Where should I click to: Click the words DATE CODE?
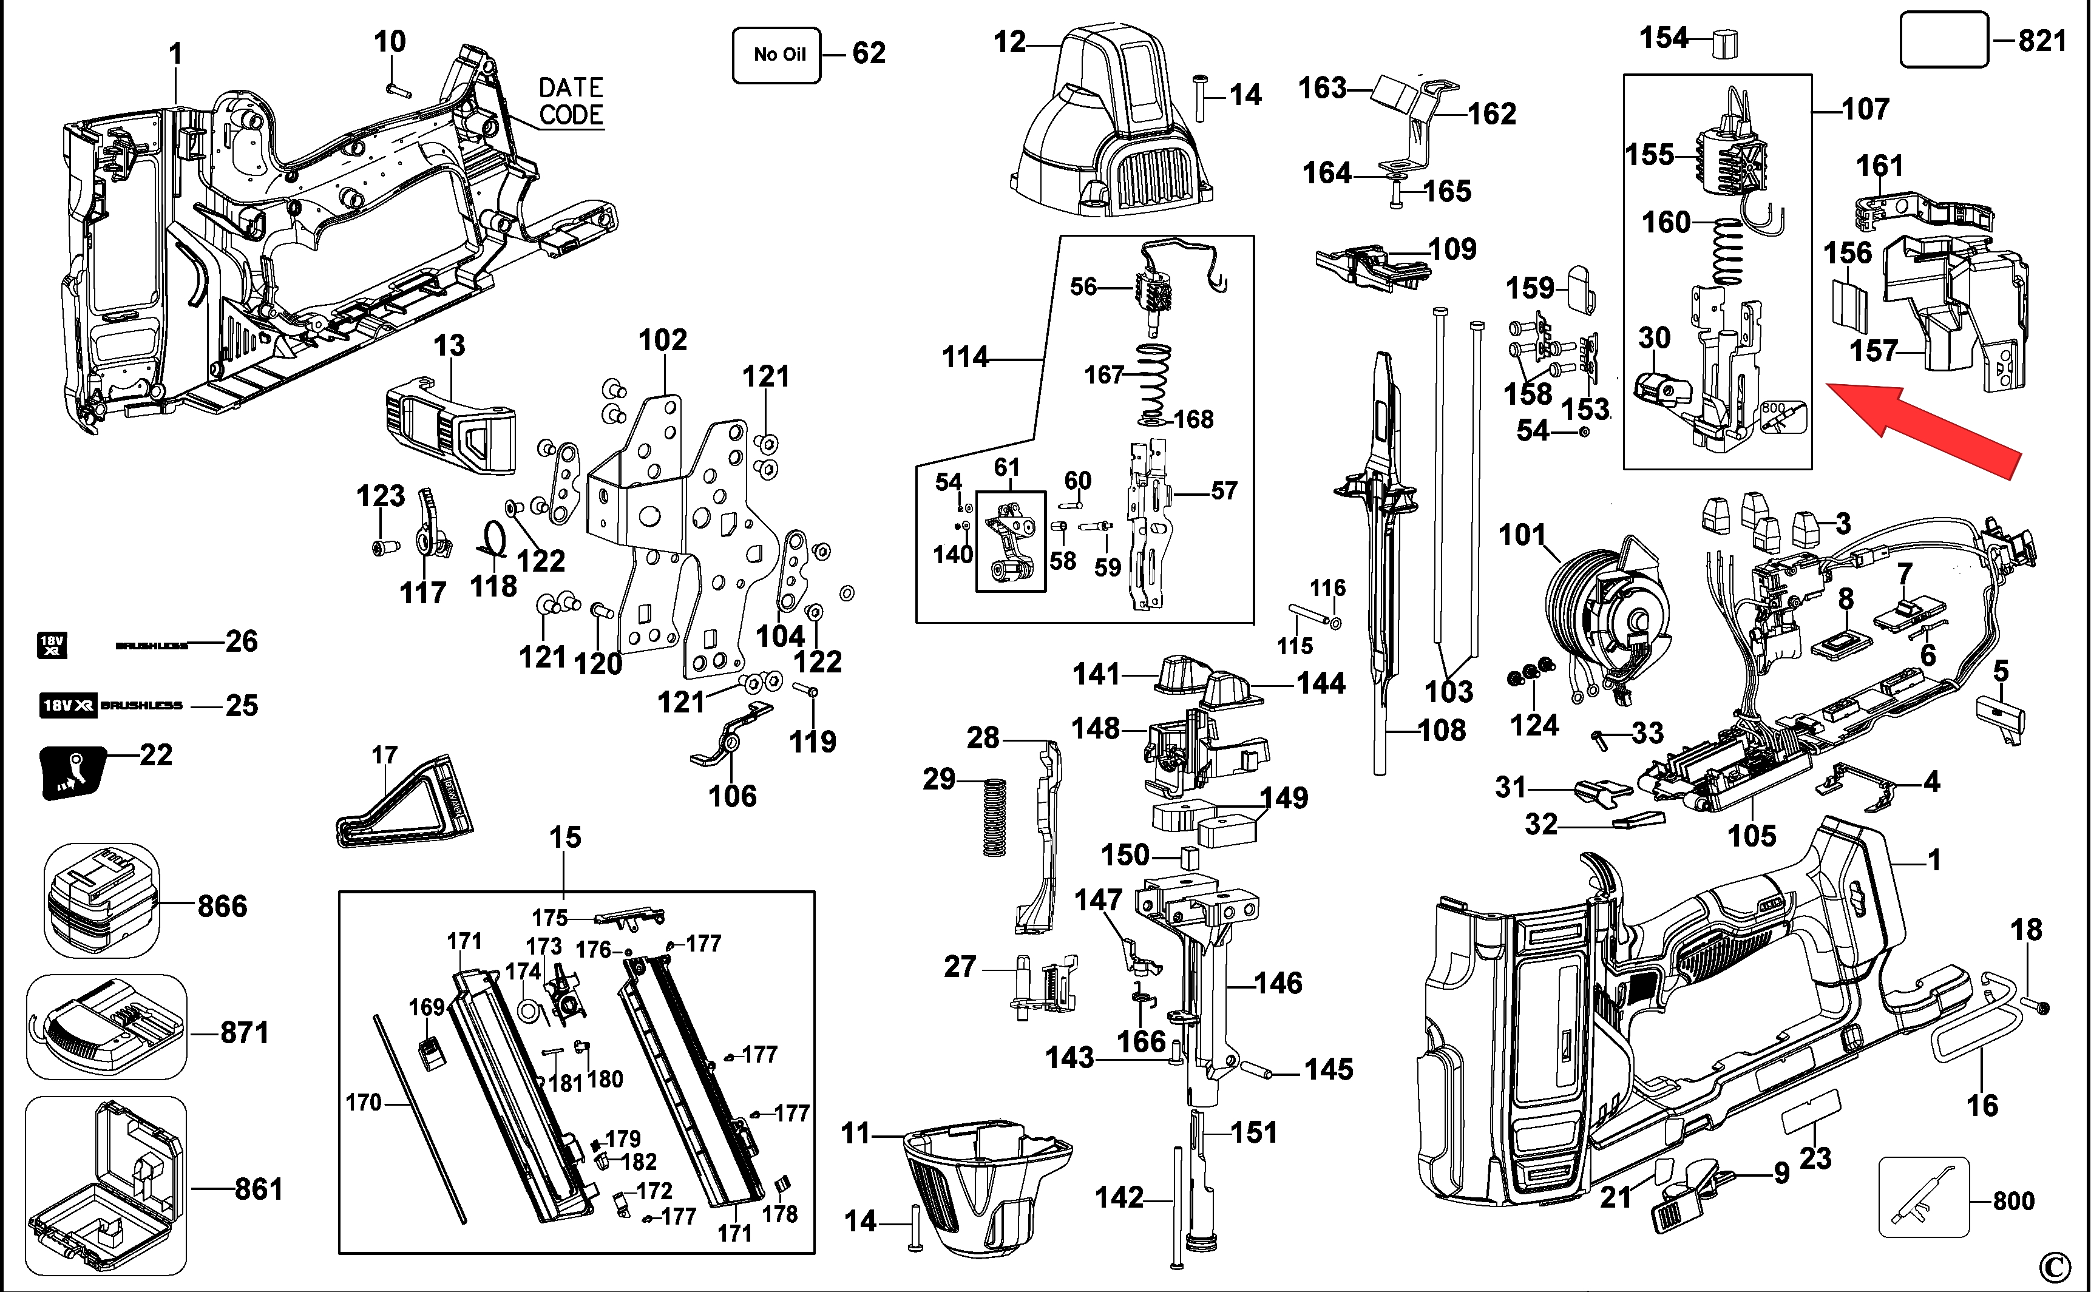pyautogui.click(x=570, y=101)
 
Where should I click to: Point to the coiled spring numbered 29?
pyautogui.click(x=992, y=817)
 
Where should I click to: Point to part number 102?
pyautogui.click(x=662, y=340)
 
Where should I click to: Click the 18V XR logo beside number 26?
pyautogui.click(x=52, y=645)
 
